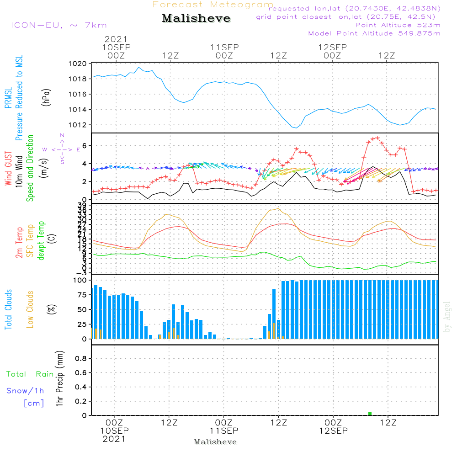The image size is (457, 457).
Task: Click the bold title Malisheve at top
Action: pyautogui.click(x=196, y=19)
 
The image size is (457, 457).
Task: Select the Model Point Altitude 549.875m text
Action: pyautogui.click(x=374, y=33)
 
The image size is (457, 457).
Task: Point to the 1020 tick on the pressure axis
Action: pyautogui.click(x=79, y=64)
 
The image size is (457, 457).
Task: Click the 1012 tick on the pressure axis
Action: pyautogui.click(x=79, y=125)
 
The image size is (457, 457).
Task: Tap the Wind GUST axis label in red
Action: pyautogui.click(x=8, y=169)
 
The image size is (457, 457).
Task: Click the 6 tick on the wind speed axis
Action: pyautogui.click(x=84, y=146)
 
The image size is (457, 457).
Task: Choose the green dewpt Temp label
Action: pyautogui.click(x=41, y=241)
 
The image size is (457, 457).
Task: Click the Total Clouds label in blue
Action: pyautogui.click(x=8, y=309)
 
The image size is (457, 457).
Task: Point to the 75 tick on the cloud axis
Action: pyautogui.click(x=80, y=295)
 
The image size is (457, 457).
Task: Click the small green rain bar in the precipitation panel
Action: pyautogui.click(x=370, y=414)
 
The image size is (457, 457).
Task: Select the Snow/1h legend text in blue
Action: pyautogui.click(x=26, y=391)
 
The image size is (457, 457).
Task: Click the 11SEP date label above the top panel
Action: pyautogui.click(x=224, y=47)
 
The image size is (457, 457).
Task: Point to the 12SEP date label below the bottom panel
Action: pyautogui.click(x=333, y=431)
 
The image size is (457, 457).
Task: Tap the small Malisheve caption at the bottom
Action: pyautogui.click(x=216, y=442)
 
